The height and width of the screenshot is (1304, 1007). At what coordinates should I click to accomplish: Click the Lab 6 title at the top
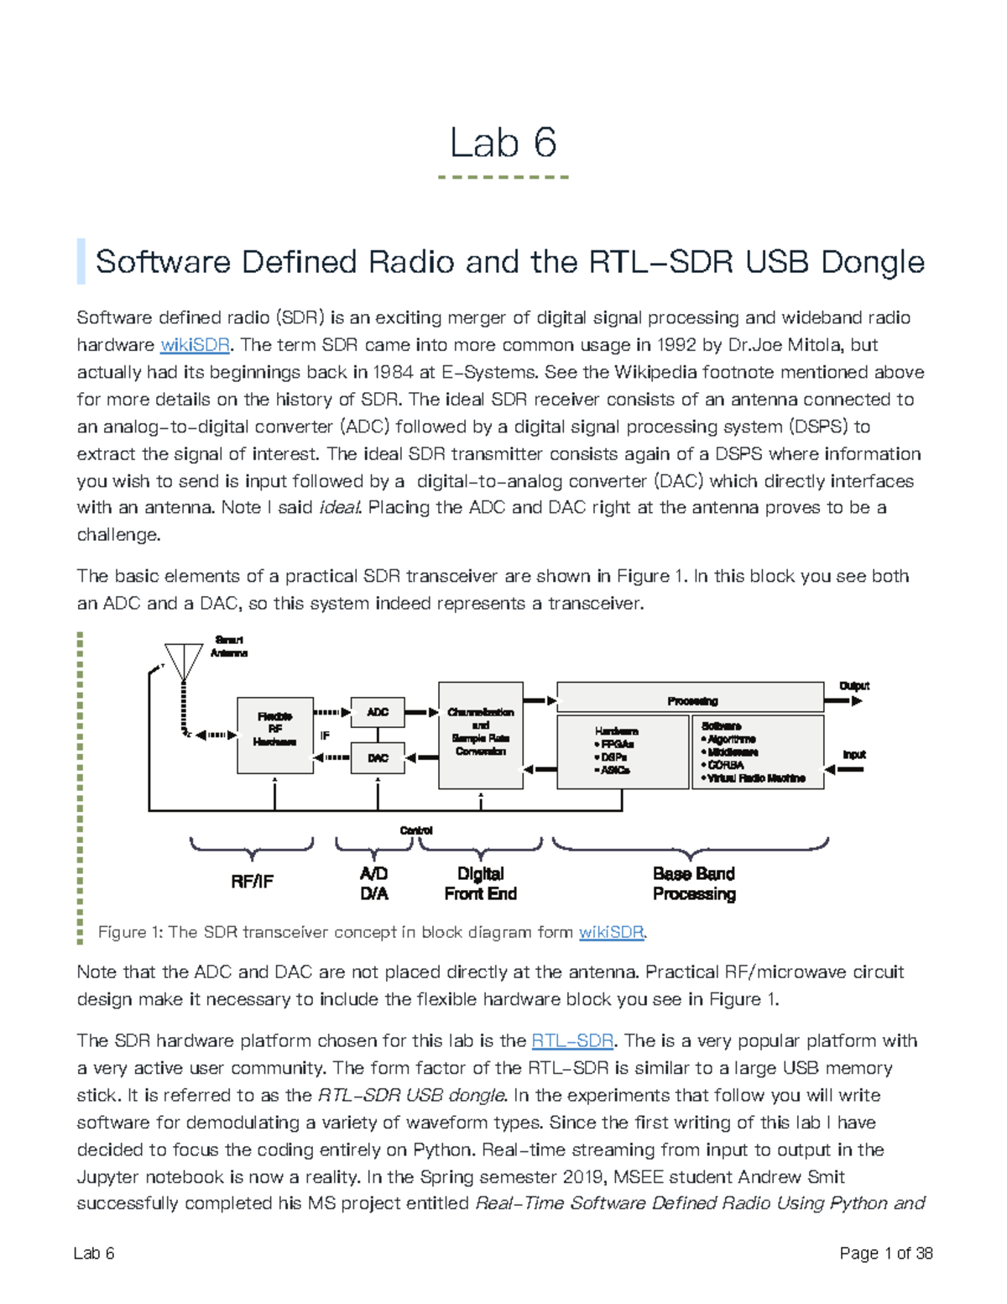(503, 143)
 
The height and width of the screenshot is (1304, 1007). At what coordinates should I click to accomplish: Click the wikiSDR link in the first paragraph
(195, 345)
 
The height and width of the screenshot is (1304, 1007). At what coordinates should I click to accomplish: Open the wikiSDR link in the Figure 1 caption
(611, 932)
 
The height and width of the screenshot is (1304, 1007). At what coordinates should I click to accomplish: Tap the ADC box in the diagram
(378, 712)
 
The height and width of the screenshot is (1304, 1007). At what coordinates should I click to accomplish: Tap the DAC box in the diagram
(378, 758)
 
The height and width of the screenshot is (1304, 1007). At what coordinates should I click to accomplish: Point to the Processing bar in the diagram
(691, 699)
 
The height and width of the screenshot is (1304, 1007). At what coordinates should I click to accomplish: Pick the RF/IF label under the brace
(252, 882)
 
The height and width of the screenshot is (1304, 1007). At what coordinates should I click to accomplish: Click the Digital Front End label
(481, 884)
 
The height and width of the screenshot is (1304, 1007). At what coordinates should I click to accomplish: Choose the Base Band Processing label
(694, 884)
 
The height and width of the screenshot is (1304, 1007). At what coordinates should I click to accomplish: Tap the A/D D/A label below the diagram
(374, 884)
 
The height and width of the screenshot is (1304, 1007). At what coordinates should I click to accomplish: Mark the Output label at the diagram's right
(854, 686)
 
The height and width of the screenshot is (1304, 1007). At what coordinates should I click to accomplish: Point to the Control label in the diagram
(416, 830)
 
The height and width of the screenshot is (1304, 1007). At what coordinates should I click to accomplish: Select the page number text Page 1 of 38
(886, 1254)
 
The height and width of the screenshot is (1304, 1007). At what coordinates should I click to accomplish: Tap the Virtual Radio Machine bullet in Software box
(756, 778)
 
